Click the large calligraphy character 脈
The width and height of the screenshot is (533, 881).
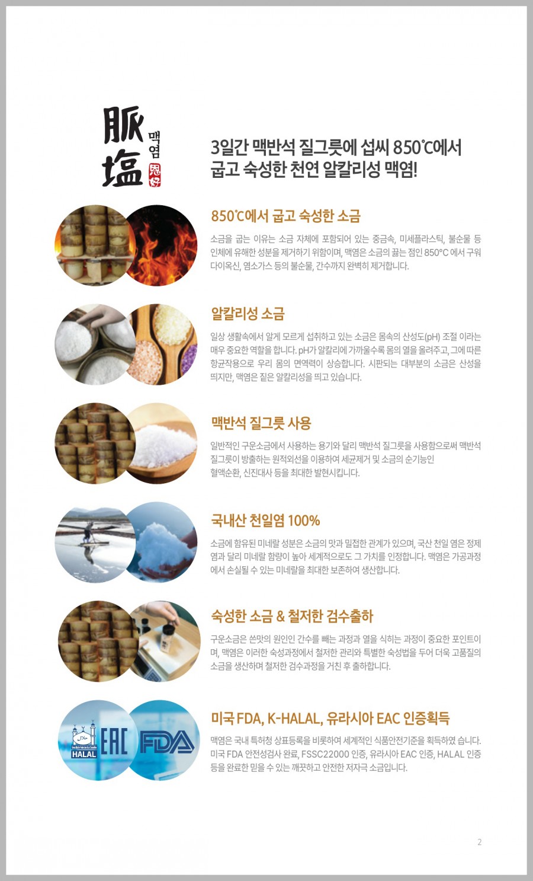123,125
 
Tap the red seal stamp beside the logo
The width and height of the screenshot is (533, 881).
155,175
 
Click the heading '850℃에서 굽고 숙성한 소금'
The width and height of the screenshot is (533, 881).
285,216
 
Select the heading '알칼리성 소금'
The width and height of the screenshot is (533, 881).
248,314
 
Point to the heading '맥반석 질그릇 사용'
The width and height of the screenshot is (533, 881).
261,423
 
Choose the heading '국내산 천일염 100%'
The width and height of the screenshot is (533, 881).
265,521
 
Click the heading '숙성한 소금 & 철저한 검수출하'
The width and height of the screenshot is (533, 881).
292,616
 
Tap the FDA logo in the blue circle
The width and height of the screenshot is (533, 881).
167,742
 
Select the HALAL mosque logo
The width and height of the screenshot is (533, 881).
84,739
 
